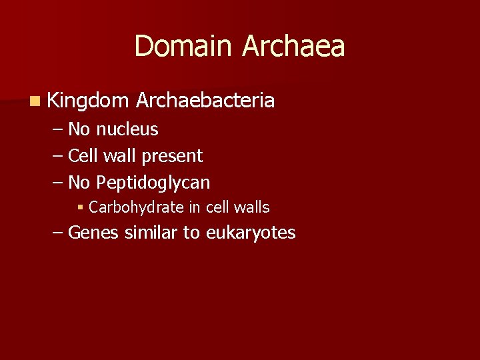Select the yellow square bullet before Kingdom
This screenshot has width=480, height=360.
(x=34, y=101)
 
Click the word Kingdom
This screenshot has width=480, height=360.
(x=88, y=101)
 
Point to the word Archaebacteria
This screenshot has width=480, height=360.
(x=205, y=100)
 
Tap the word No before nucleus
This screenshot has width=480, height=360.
(x=79, y=129)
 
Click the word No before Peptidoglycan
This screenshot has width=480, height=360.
(x=79, y=182)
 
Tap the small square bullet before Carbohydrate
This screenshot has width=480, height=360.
(x=80, y=208)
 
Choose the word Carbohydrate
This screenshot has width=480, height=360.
(x=136, y=207)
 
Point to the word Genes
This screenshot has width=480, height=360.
(x=92, y=233)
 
